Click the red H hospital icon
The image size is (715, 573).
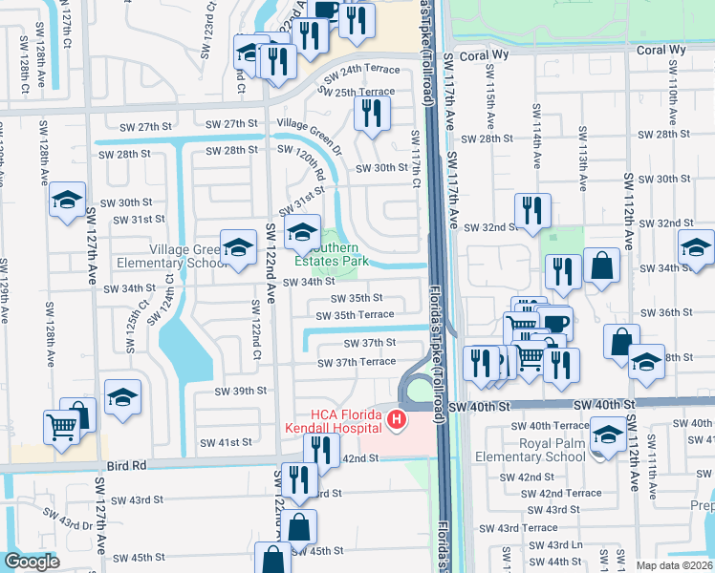click(395, 418)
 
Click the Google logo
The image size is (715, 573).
click(32, 562)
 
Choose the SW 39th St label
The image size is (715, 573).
click(241, 392)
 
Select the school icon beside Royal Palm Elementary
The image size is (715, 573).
click(609, 436)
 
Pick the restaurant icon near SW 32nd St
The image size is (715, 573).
click(531, 210)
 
